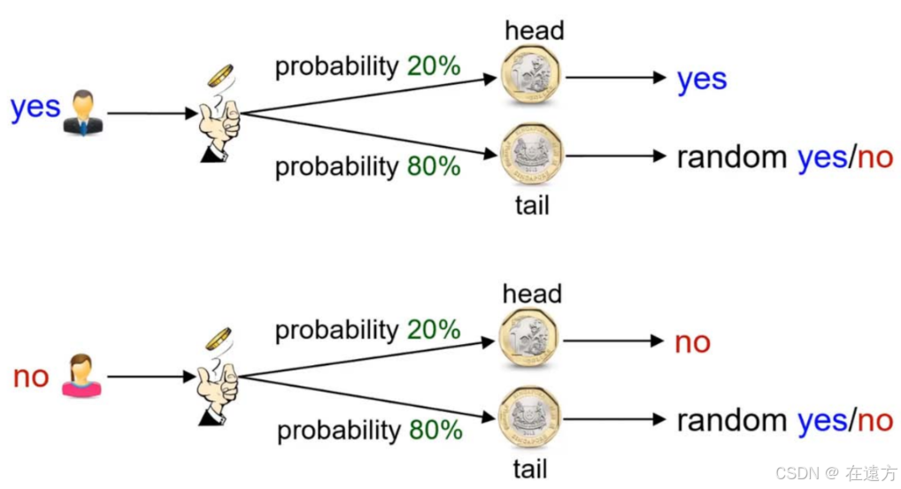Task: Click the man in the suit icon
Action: [x=84, y=112]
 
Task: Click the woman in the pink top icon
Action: [x=82, y=376]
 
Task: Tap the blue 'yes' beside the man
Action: [x=35, y=108]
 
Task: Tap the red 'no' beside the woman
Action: [x=31, y=377]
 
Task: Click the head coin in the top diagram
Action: [x=531, y=76]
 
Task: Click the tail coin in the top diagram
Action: [x=531, y=156]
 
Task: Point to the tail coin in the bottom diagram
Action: [x=530, y=418]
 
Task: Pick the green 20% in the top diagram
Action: [x=434, y=66]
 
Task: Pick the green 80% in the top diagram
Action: [x=434, y=165]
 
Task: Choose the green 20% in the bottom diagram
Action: [x=434, y=330]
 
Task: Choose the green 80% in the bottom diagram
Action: [x=435, y=430]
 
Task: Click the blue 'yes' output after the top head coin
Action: [x=702, y=80]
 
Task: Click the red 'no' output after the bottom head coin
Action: [x=692, y=342]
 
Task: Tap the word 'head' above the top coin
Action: [x=535, y=31]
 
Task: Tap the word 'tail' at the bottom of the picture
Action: [x=531, y=469]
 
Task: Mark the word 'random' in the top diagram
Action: [x=731, y=157]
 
